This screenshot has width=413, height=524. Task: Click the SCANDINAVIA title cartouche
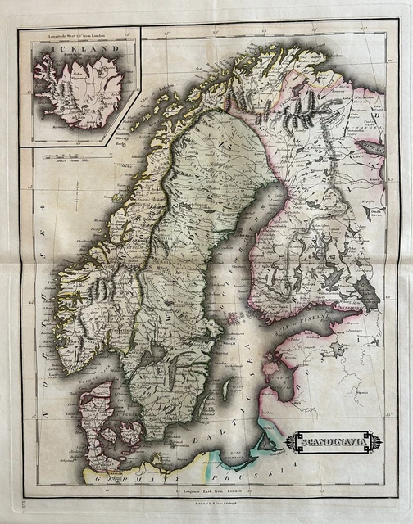pyautogui.click(x=333, y=443)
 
